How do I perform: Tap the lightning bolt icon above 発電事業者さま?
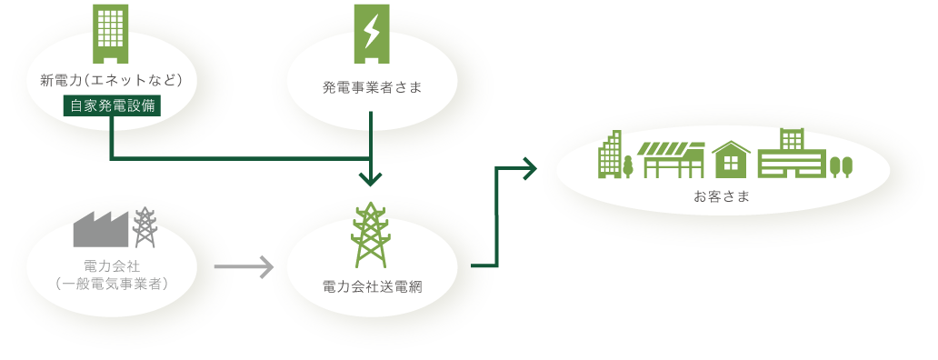[x=371, y=33]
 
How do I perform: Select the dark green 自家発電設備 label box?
[x=112, y=105]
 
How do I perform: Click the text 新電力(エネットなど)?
[x=112, y=81]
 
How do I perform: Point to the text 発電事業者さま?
[x=372, y=88]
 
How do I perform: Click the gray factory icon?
[x=100, y=229]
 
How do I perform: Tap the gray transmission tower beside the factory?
[x=145, y=227]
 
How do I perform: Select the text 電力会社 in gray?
[x=112, y=266]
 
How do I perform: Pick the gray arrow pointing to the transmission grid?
[x=244, y=267]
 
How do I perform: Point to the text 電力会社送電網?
[x=372, y=286]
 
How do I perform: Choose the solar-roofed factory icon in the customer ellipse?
[x=673, y=159]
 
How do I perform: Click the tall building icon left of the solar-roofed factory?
[x=611, y=155]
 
